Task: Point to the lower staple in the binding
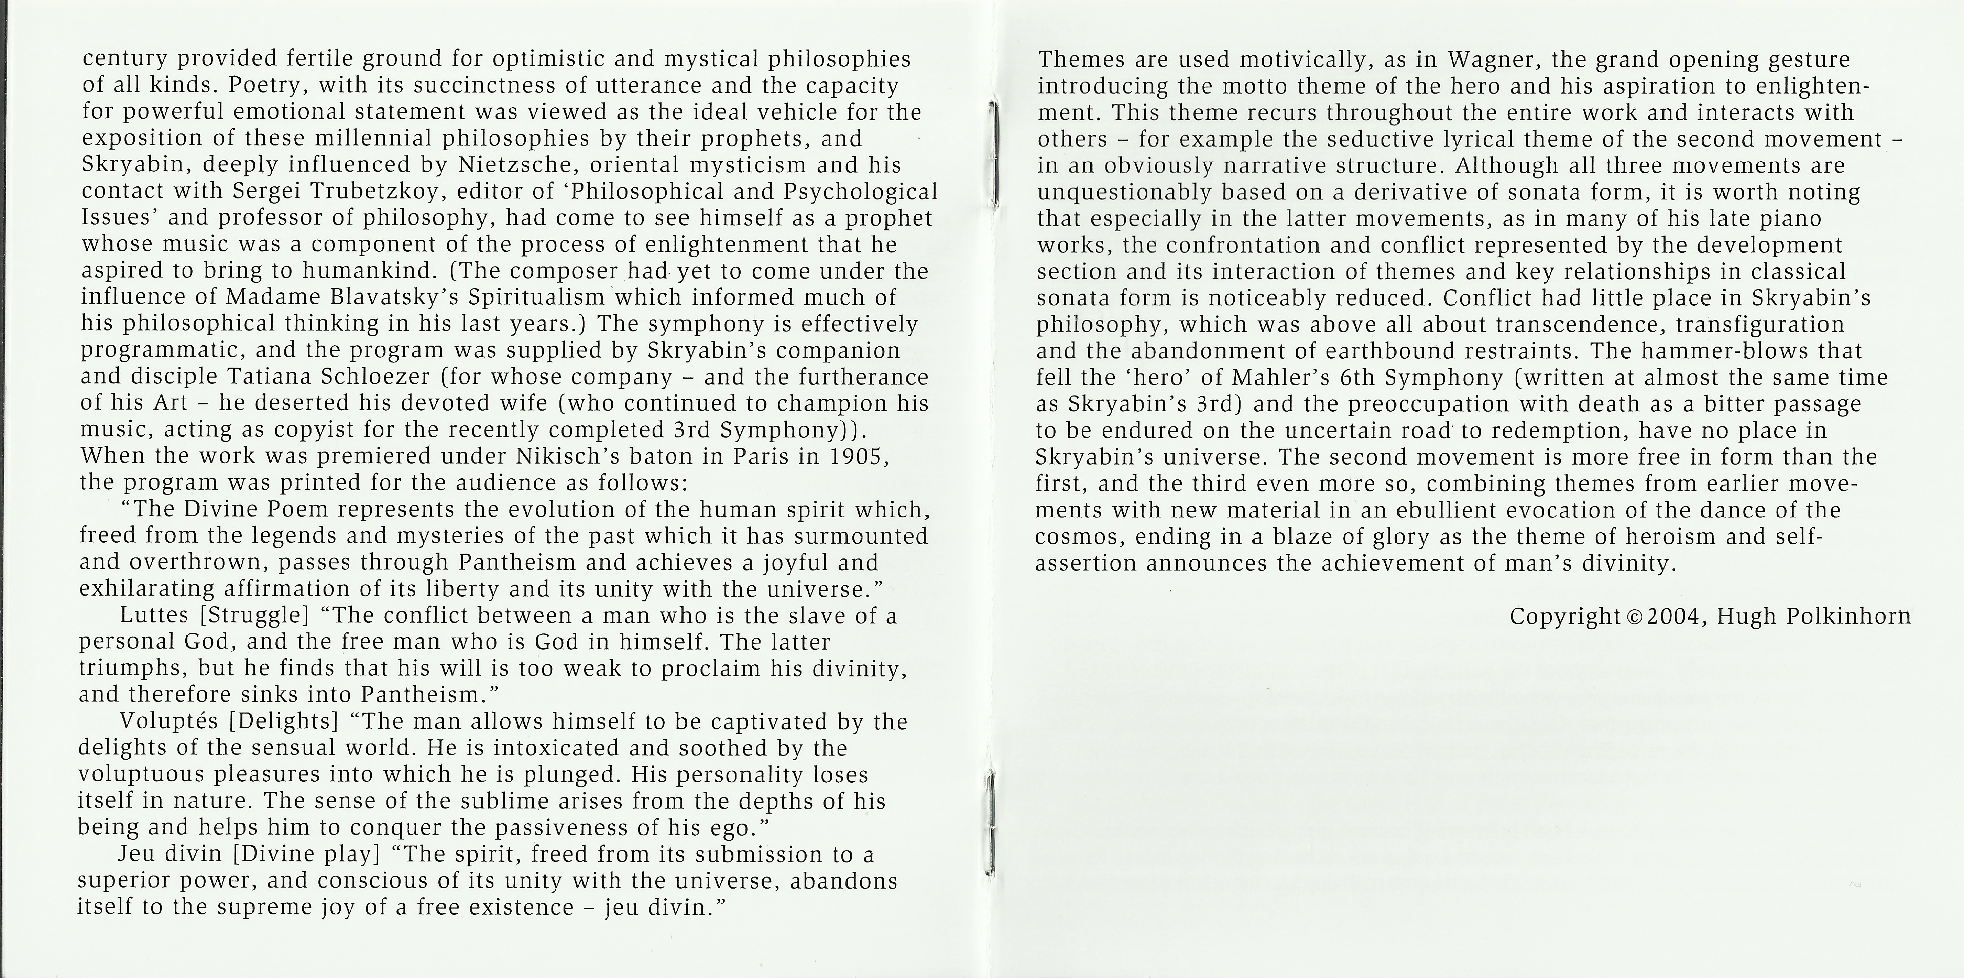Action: coord(990,823)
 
